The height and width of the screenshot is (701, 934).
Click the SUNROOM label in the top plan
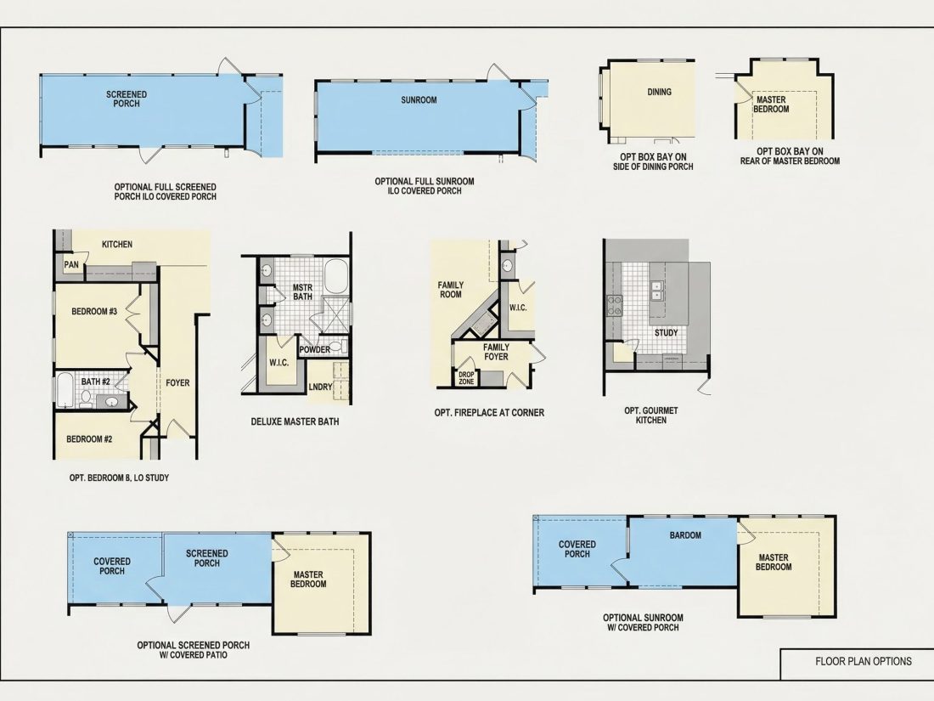click(419, 100)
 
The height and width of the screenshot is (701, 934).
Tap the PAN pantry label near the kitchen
click(70, 264)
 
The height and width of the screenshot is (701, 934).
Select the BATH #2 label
click(95, 382)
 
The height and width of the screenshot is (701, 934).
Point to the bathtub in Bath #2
click(65, 390)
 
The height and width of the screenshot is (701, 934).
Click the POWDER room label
click(314, 350)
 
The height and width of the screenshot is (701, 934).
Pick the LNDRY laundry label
click(320, 387)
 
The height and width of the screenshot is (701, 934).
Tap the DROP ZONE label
click(466, 378)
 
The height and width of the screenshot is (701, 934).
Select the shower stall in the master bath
click(335, 314)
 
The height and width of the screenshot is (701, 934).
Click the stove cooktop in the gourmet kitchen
click(614, 305)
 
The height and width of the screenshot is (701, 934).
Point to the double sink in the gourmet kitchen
click(656, 291)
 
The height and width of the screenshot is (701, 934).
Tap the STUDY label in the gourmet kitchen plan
click(666, 332)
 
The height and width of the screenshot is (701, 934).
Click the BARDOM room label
click(685, 535)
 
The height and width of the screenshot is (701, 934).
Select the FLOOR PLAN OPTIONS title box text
click(864, 661)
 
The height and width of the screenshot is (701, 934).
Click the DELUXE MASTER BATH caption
click(295, 421)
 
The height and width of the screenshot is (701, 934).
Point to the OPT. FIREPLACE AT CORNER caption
click(489, 412)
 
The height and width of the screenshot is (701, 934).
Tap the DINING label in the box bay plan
click(660, 92)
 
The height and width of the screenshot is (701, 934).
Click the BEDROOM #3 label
click(94, 311)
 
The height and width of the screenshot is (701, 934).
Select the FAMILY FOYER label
click(496, 352)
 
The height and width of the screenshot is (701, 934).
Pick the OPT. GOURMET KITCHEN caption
click(651, 416)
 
